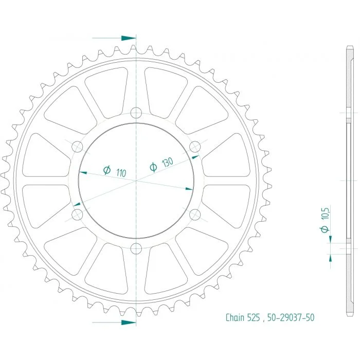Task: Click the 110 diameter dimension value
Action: [x=121, y=173]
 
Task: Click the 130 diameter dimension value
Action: [x=168, y=162]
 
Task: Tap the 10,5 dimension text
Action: [x=326, y=214]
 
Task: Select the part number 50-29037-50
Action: [x=291, y=318]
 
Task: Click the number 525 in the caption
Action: [x=254, y=318]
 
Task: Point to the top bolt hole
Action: [x=136, y=113]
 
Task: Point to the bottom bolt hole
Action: [x=136, y=248]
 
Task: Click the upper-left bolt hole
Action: [x=77, y=147]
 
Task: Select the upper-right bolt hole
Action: [x=195, y=147]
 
